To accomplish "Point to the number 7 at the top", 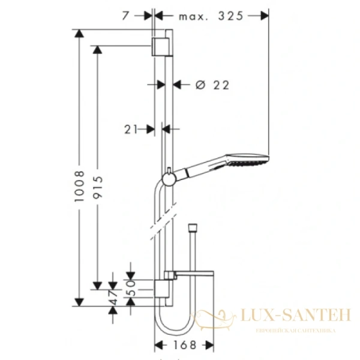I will coord(125,17).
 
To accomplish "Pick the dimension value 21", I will coord(132,128).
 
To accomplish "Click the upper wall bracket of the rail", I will coord(161,46).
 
